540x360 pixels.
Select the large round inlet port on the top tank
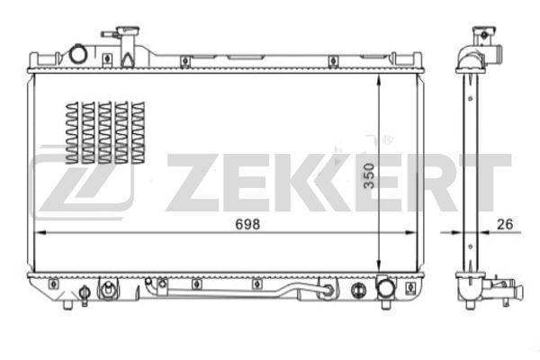76,56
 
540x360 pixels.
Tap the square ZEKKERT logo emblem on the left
82,183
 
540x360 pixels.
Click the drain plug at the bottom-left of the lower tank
85,293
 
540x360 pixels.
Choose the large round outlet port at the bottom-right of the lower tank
385,290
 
